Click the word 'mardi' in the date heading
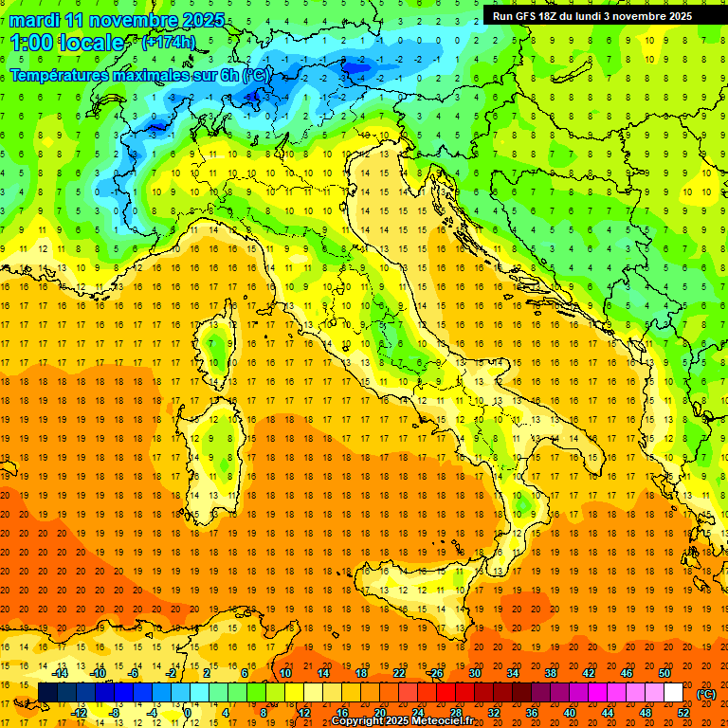click(34, 20)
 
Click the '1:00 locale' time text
click(67, 43)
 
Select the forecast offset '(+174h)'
click(169, 43)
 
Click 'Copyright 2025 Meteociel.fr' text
click(409, 721)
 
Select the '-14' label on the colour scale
click(61, 673)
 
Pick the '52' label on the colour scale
click(683, 713)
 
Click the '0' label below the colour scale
click(187, 713)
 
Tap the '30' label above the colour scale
click(474, 673)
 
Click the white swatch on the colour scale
click(673, 693)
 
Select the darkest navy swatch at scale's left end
click(47, 693)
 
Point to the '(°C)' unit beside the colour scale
click(706, 694)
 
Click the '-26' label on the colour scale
click(435, 673)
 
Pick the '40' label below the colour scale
click(569, 713)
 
